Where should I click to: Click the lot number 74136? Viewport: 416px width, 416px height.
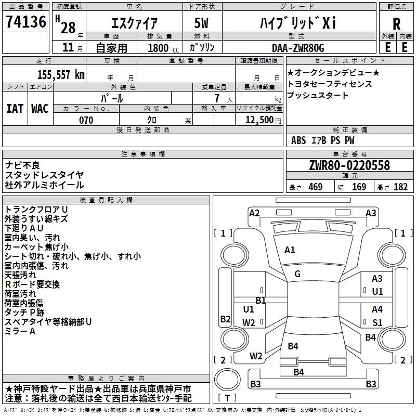tap(26, 21)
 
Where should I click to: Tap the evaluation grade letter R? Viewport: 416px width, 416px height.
tap(396, 24)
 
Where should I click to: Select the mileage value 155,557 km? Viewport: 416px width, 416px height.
tap(61, 74)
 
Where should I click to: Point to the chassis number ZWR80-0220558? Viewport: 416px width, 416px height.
tap(349, 165)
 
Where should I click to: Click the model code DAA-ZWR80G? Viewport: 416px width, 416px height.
tap(298, 48)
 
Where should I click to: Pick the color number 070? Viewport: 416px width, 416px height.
tap(86, 120)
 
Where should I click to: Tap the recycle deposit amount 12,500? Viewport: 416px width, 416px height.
tap(259, 120)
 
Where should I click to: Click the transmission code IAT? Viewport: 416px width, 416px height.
tap(15, 109)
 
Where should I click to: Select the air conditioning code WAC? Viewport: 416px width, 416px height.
tap(40, 109)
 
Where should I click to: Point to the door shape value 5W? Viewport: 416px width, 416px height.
tap(201, 23)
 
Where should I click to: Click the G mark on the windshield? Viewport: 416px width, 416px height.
tap(297, 274)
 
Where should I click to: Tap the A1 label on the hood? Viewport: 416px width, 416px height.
tap(290, 250)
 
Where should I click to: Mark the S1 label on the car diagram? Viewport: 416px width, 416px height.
tap(378, 322)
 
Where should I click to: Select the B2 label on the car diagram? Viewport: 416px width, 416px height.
tap(225, 319)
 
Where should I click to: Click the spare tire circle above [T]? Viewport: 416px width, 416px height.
tap(227, 380)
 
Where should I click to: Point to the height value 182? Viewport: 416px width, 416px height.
tap(400, 187)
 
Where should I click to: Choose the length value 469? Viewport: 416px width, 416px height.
tap(316, 187)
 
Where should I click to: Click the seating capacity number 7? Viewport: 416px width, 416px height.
tap(217, 98)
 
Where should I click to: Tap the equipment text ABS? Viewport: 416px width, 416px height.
tap(298, 140)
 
